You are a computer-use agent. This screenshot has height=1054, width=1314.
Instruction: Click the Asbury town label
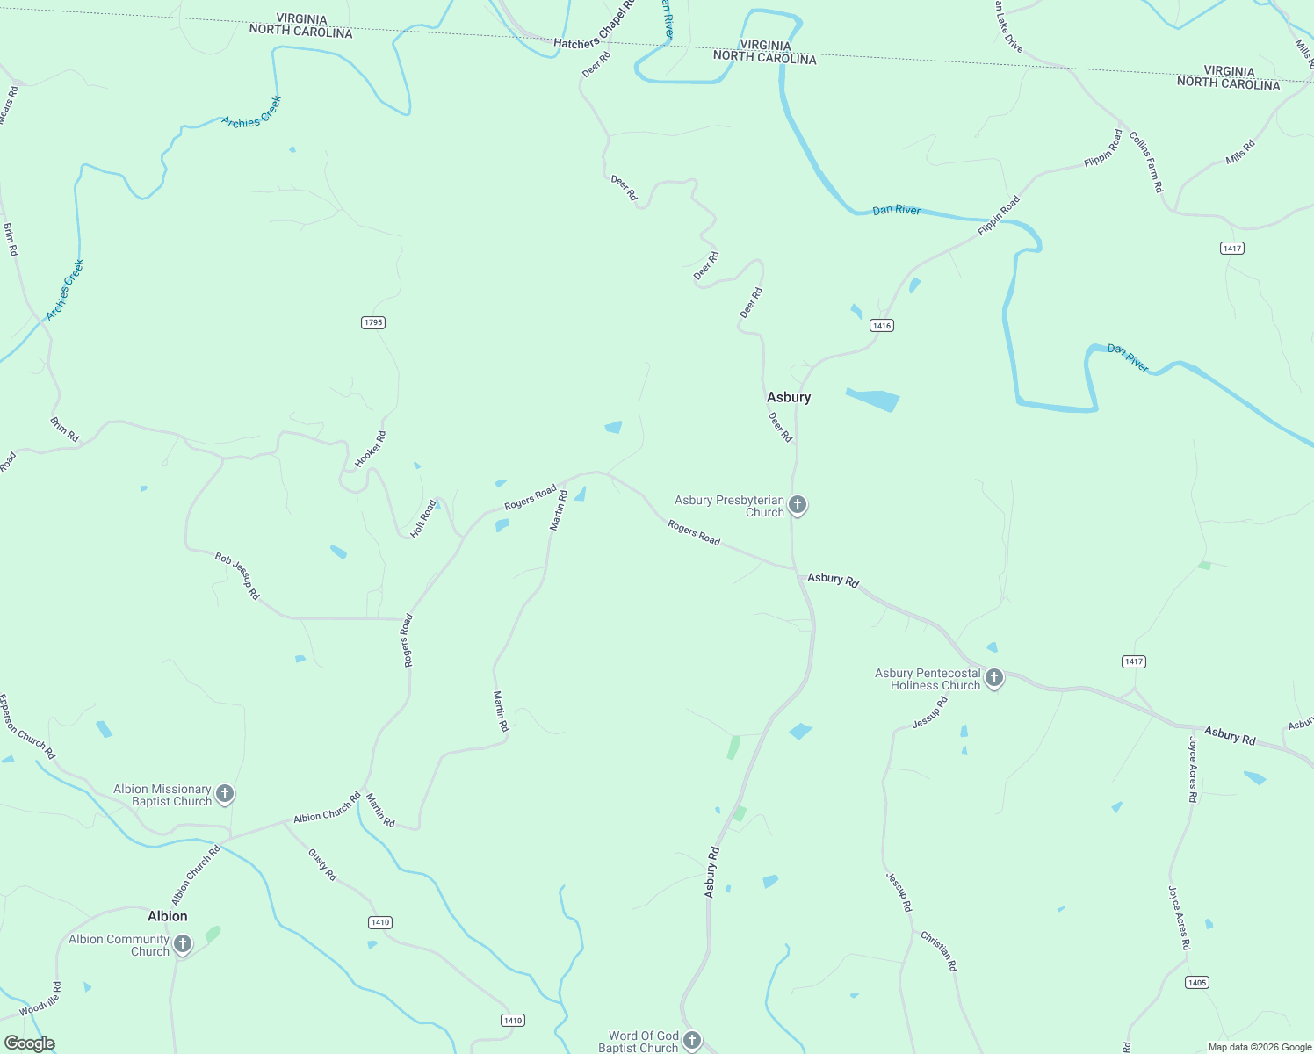(x=789, y=397)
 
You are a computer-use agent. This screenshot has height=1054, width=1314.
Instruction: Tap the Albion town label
(x=167, y=916)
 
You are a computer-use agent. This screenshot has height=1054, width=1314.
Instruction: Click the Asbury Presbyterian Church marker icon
(x=798, y=505)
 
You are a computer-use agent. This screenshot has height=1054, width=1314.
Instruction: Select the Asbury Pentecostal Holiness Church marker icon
(x=994, y=678)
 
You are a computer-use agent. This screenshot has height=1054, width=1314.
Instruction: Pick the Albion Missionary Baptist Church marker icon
(x=225, y=794)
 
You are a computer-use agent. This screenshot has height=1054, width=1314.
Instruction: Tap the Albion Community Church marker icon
(x=183, y=944)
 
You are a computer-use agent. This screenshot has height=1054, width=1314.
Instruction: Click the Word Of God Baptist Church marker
(x=692, y=1041)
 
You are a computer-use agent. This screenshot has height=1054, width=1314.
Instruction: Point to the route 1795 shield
(x=373, y=322)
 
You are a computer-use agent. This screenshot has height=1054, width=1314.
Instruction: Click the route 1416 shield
(x=882, y=326)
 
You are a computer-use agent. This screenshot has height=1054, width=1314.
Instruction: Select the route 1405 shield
(x=1197, y=982)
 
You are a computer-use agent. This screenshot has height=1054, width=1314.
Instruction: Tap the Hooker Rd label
(x=370, y=450)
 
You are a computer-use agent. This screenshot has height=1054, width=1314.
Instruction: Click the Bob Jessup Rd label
(x=238, y=575)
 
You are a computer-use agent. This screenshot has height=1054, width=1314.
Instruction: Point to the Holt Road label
(x=423, y=518)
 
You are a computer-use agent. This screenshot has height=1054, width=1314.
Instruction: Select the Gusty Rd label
(x=322, y=864)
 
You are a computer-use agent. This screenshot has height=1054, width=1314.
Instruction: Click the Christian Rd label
(x=939, y=950)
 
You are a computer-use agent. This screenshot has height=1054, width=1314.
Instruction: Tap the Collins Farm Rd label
(x=1146, y=162)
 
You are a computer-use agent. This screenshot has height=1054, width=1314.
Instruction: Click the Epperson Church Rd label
(x=26, y=727)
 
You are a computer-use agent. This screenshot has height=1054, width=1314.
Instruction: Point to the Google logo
(x=29, y=1043)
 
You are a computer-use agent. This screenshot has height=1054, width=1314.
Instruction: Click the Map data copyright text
(x=1260, y=1047)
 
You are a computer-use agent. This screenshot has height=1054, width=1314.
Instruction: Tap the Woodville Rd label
(x=40, y=1000)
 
